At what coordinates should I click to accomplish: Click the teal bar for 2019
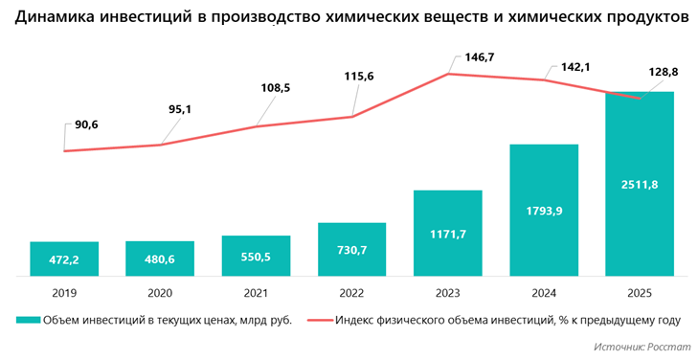pyautogui.click(x=64, y=259)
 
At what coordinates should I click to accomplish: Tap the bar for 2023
pyautogui.click(x=448, y=233)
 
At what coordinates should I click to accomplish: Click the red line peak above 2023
pyautogui.click(x=448, y=73)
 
